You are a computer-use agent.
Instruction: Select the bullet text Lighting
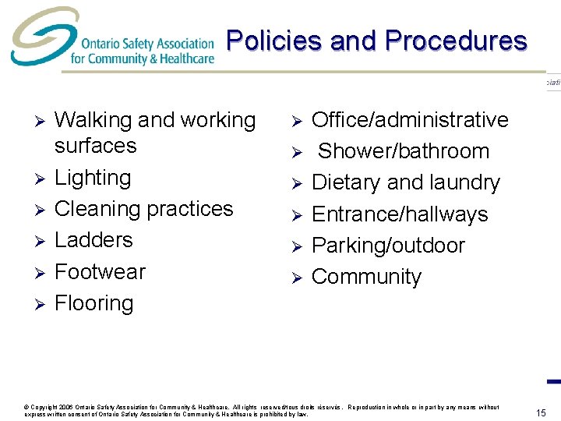(93, 178)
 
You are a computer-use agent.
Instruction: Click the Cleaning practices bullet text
(144, 209)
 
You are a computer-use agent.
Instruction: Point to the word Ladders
(93, 240)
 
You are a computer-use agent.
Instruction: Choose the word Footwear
(100, 271)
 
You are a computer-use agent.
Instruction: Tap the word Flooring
(93, 302)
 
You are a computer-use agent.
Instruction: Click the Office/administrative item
(410, 120)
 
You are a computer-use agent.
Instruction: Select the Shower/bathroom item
(404, 151)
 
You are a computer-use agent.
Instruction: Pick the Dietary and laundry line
(406, 182)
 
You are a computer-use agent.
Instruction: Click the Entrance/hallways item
(400, 214)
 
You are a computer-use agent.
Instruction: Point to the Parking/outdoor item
(388, 246)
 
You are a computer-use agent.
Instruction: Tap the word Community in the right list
(366, 277)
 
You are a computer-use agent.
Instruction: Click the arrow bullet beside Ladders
(34, 241)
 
